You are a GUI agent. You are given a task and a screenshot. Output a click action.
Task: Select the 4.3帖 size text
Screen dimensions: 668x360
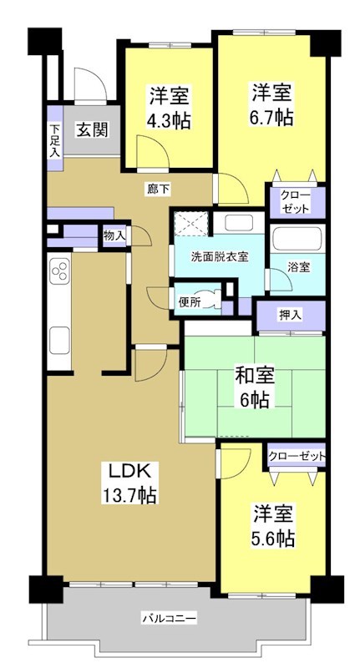(x=170, y=119)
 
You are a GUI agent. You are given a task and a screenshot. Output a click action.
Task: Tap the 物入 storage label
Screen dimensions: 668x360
(x=114, y=236)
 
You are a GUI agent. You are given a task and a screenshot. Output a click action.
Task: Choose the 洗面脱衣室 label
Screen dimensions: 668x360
(x=220, y=256)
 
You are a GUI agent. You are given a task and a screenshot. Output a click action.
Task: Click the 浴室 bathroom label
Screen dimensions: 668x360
(x=299, y=267)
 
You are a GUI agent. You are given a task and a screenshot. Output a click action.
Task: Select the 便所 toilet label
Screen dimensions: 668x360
(x=189, y=301)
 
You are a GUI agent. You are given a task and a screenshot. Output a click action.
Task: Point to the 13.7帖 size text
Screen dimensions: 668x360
(x=127, y=494)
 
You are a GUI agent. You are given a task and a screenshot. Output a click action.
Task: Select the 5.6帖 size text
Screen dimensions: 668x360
(x=272, y=538)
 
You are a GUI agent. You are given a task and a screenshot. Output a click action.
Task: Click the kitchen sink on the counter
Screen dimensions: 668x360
(x=61, y=340)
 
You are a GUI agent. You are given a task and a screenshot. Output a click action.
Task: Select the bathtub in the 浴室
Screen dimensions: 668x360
(x=298, y=240)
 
